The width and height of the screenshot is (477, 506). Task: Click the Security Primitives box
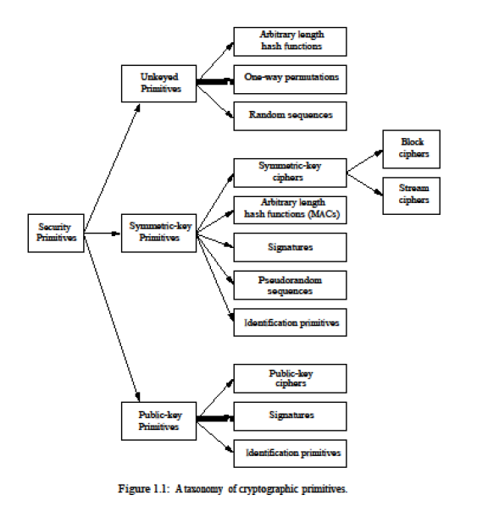pyautogui.click(x=56, y=233)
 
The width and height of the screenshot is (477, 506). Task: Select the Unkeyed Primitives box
pyautogui.click(x=158, y=84)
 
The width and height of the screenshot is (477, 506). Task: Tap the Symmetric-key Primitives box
pyautogui.click(x=158, y=233)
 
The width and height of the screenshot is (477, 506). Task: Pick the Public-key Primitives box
pyautogui.click(x=158, y=421)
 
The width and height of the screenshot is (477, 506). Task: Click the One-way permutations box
pyautogui.click(x=291, y=80)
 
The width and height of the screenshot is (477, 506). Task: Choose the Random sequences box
pyautogui.click(x=291, y=116)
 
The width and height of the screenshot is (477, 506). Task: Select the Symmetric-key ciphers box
pyautogui.click(x=291, y=173)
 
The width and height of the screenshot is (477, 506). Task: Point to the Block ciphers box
pyautogui.click(x=412, y=149)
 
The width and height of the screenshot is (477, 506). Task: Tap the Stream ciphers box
pyautogui.click(x=412, y=195)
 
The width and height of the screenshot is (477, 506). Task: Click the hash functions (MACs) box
pyautogui.click(x=291, y=210)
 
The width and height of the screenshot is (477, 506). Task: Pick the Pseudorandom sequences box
pyautogui.click(x=291, y=285)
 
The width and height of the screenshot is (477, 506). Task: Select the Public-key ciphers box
pyautogui.click(x=291, y=378)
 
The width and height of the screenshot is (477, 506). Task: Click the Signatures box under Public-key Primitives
pyautogui.click(x=291, y=416)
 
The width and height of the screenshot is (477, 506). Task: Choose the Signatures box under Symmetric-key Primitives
pyautogui.click(x=291, y=247)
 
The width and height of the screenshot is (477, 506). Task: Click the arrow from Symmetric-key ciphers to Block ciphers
pyautogui.click(x=365, y=161)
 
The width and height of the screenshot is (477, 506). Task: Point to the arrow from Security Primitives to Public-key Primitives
pyautogui.click(x=112, y=317)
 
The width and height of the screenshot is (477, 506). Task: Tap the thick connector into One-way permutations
pyautogui.click(x=215, y=81)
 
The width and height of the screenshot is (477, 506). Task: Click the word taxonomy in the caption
pyautogui.click(x=203, y=489)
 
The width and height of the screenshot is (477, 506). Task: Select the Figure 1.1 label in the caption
pyautogui.click(x=143, y=489)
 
